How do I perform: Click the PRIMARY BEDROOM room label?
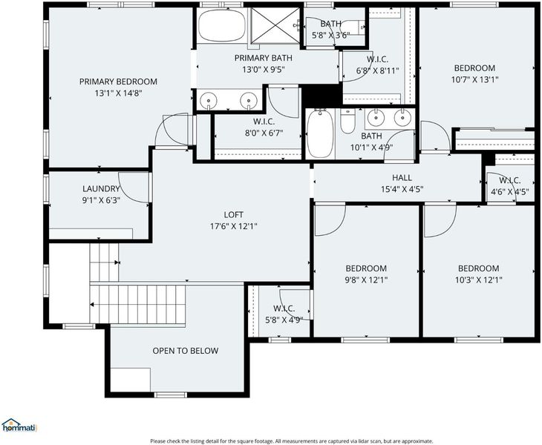tap(118, 82)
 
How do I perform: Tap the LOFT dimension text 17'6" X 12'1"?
tap(234, 226)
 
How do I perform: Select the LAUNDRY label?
tap(101, 189)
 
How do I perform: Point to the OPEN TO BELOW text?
tap(186, 351)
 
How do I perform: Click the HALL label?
tap(402, 178)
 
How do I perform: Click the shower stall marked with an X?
tap(275, 25)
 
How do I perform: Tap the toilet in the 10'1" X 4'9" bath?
tap(347, 121)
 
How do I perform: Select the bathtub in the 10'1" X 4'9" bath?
tap(321, 133)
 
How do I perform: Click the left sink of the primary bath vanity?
tap(209, 100)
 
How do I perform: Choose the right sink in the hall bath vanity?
tap(402, 118)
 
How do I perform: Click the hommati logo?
tap(19, 425)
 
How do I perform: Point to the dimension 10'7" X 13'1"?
tap(474, 80)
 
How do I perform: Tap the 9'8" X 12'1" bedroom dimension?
tap(366, 280)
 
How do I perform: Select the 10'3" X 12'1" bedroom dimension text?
tap(478, 280)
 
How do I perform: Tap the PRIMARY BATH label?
tap(264, 58)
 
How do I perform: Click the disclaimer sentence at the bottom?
tap(291, 441)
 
